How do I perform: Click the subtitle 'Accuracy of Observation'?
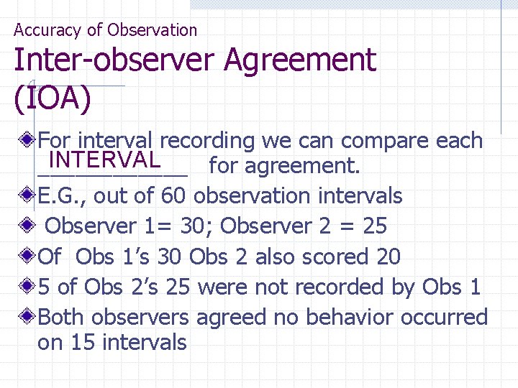click(x=105, y=30)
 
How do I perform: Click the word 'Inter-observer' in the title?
click(x=114, y=60)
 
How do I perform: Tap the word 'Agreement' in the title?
click(x=299, y=60)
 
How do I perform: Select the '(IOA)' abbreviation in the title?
click(x=53, y=100)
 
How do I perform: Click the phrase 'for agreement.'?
click(x=284, y=167)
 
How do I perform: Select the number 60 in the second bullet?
click(x=173, y=196)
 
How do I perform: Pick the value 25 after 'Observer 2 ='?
click(x=375, y=226)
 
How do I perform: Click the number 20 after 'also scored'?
click(x=388, y=257)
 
